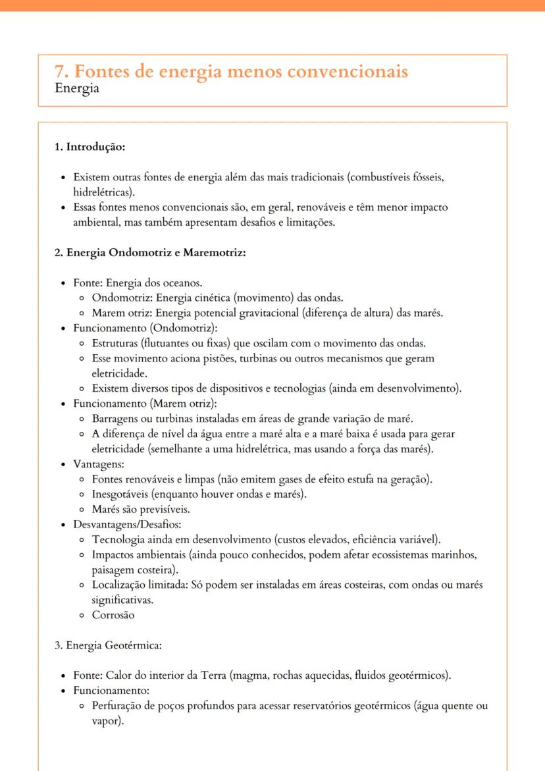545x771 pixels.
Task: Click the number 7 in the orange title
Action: point(59,71)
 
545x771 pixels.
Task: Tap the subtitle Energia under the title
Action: point(77,89)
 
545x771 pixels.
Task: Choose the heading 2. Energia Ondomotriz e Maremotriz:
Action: point(150,253)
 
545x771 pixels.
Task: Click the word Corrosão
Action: point(113,615)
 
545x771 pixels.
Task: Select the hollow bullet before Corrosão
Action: point(81,616)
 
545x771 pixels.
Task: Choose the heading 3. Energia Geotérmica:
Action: point(108,645)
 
